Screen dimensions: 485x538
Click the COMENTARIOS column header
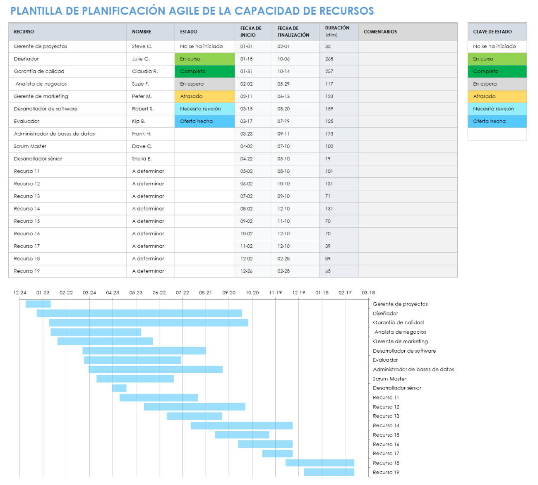pyautogui.click(x=380, y=32)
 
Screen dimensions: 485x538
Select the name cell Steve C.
pyautogui.click(x=142, y=46)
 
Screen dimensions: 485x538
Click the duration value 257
pyautogui.click(x=329, y=72)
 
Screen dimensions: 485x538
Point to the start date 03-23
pyautogui.click(x=246, y=134)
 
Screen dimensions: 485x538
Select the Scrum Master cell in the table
pyautogui.click(x=30, y=146)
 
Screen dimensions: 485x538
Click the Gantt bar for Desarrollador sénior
pyautogui.click(x=119, y=388)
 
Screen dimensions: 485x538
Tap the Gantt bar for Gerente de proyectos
pyautogui.click(x=38, y=304)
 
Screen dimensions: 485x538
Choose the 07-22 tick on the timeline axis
pyautogui.click(x=183, y=293)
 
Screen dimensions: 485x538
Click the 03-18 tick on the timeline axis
pyautogui.click(x=368, y=293)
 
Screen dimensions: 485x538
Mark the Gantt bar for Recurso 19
pyautogui.click(x=329, y=472)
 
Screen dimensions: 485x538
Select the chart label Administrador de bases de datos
pyautogui.click(x=413, y=370)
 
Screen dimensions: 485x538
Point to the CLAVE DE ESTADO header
pyautogui.click(x=492, y=32)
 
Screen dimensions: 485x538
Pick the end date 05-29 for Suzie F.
pyautogui.click(x=283, y=84)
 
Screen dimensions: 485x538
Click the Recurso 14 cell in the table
pyautogui.click(x=27, y=209)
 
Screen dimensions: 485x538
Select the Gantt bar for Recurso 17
pyautogui.click(x=277, y=454)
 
